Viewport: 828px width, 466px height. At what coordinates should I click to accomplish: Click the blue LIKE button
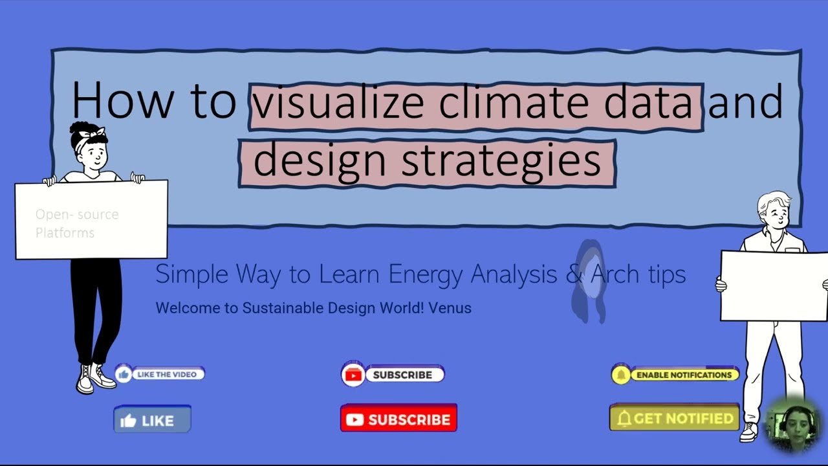pos(152,420)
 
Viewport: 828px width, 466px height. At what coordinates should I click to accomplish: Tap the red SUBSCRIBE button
pos(398,419)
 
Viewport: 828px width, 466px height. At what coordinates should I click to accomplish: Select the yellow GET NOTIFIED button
pos(674,418)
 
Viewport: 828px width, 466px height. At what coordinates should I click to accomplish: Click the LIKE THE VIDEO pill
pos(160,374)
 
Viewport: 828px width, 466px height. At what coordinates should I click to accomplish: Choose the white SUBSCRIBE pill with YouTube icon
pos(393,375)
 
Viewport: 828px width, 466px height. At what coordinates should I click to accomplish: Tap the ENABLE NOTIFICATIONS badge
pos(675,375)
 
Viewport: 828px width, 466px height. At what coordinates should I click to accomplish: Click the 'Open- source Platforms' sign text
pos(77,223)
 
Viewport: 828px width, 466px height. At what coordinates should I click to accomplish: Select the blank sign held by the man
pos(773,285)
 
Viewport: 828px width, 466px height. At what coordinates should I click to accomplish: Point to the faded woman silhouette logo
pos(589,280)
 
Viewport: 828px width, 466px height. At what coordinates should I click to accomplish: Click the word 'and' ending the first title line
pos(745,102)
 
